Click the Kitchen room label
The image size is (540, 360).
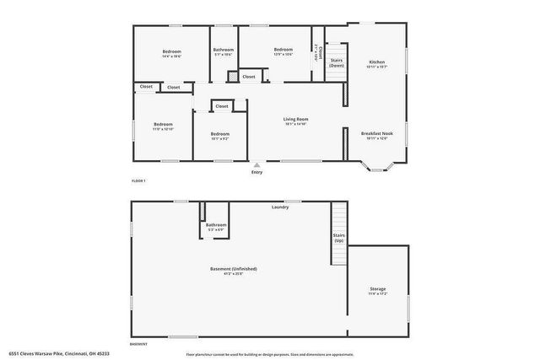pos(377,62)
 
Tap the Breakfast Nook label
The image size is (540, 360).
pos(377,133)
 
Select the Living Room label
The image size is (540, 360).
pos(295,120)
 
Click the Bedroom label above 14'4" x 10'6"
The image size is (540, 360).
pos(172,51)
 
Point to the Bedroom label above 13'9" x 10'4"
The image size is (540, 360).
pos(283,50)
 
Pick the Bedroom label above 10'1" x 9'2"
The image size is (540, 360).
pos(220,134)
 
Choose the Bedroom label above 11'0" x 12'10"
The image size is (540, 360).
pos(163,125)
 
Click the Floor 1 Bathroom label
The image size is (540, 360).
pos(224,50)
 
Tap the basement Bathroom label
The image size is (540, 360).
pos(216,224)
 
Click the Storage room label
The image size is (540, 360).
pos(378,289)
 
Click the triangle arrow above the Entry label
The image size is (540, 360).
pos(257,165)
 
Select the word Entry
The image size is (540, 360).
pos(257,173)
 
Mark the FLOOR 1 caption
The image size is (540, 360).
pos(138,181)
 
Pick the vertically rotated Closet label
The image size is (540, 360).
pos(317,51)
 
